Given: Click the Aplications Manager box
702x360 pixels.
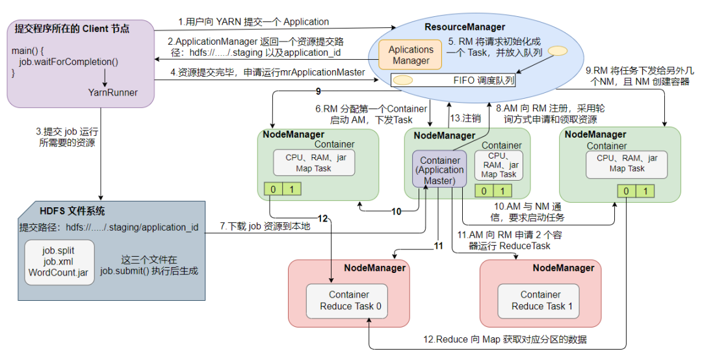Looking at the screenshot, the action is [x=411, y=55].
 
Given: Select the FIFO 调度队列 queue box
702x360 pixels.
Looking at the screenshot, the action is [x=453, y=81].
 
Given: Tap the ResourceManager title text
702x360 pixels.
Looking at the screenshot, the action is [x=465, y=27].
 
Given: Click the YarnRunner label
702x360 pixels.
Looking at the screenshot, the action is [x=113, y=93].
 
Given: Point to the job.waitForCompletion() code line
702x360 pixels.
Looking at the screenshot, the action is [x=68, y=62].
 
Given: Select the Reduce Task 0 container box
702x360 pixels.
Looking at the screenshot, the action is [x=347, y=301].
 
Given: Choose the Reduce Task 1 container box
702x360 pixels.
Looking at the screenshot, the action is [x=539, y=301].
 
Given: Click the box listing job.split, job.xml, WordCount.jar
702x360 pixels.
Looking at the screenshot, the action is [x=59, y=263].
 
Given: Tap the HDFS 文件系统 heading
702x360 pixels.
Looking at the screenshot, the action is [x=72, y=211].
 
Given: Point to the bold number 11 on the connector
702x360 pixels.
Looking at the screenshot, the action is [x=438, y=246].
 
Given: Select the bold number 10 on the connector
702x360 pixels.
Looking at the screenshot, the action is [x=396, y=211].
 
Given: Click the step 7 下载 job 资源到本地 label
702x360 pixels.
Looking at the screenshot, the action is [x=265, y=226].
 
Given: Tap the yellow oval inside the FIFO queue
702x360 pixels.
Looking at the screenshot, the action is [x=403, y=81].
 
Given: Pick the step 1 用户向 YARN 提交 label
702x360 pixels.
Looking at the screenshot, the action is [x=254, y=21].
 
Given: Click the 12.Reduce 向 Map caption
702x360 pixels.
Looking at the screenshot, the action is [x=505, y=339].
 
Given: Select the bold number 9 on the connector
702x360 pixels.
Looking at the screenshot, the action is [x=318, y=92].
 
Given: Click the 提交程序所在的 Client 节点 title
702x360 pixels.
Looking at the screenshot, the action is [x=72, y=29].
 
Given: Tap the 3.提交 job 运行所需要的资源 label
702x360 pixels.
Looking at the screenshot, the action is [x=67, y=138].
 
